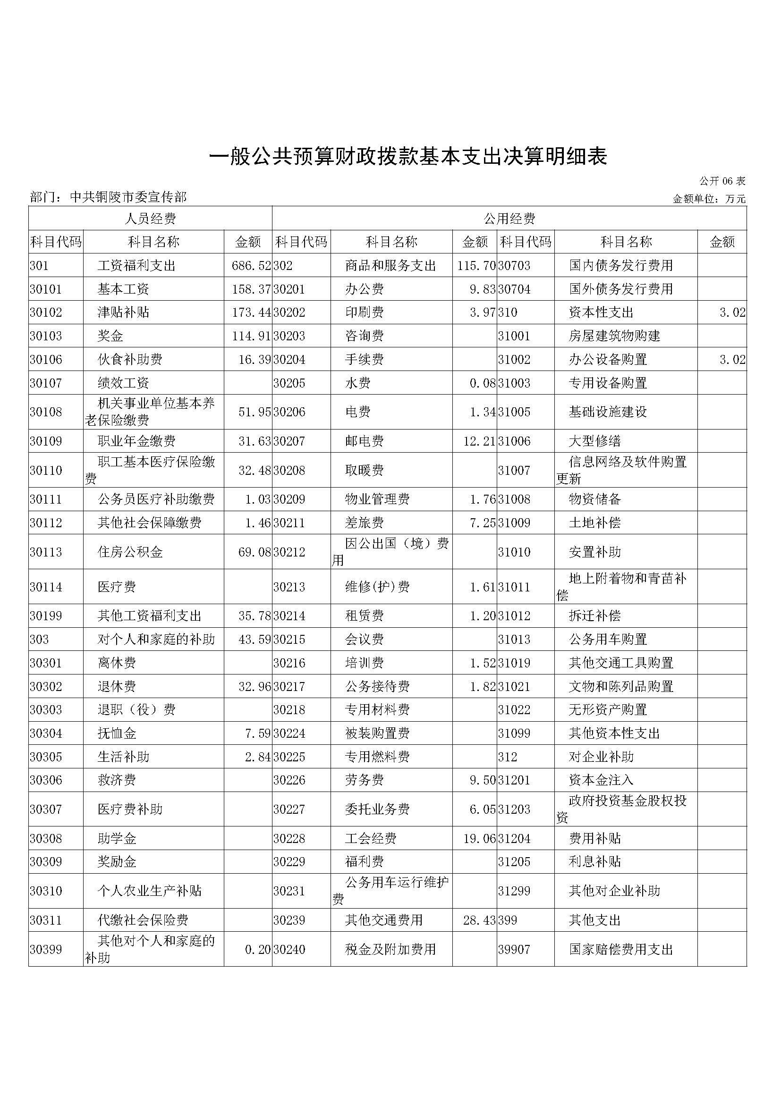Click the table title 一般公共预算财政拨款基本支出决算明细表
pos(409,156)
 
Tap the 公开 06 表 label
pos(722,181)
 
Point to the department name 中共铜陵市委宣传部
pos(128,197)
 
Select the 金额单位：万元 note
pos(709,199)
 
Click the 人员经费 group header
pos(150,219)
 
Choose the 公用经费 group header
pos(509,219)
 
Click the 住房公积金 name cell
pos(130,552)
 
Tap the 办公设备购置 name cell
pos(608,359)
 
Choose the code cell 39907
pos(514,950)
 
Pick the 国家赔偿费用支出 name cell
pos(621,950)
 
